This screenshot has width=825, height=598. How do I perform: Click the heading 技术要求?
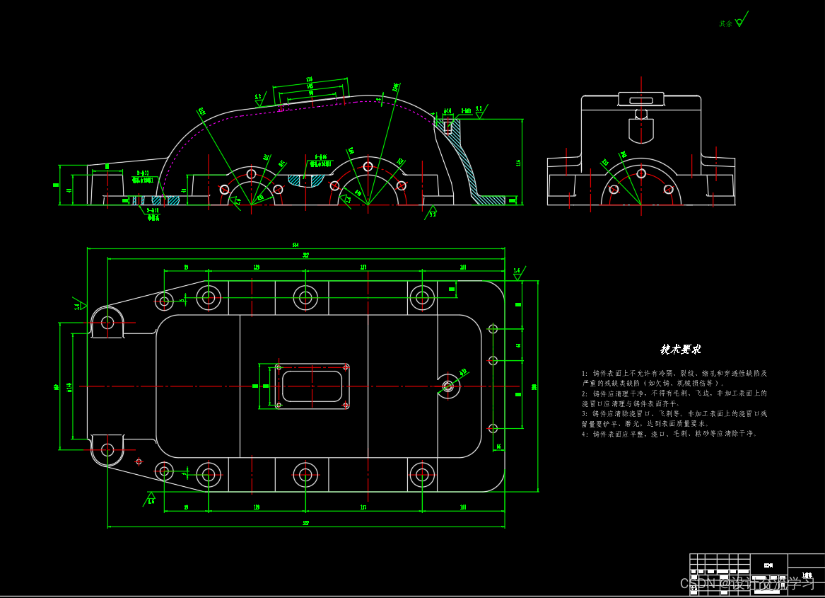680,350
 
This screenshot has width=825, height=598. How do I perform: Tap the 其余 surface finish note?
726,23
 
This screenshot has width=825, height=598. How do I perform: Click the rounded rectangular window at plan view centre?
312,386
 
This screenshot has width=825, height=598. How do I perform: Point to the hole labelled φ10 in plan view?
447,386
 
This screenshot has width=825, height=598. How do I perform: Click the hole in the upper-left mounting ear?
107,323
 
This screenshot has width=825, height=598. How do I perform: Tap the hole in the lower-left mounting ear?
107,449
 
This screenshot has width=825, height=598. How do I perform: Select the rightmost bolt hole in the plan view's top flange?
422,297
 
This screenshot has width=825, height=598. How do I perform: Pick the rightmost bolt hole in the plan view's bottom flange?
422,475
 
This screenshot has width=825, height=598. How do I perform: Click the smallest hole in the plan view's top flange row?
164,301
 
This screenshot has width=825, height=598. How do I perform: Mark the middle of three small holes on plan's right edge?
493,361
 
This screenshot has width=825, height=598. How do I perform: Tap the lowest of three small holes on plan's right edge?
493,428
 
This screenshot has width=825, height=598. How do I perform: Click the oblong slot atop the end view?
641,100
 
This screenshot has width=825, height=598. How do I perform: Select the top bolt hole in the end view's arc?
641,173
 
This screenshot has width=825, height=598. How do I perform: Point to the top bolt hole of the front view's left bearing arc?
251,173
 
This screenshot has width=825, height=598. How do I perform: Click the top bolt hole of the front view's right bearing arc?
368,166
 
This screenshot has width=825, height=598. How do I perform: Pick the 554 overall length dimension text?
295,246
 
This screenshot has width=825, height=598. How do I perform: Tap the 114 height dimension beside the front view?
518,163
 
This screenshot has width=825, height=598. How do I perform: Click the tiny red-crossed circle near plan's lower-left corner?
139,461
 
